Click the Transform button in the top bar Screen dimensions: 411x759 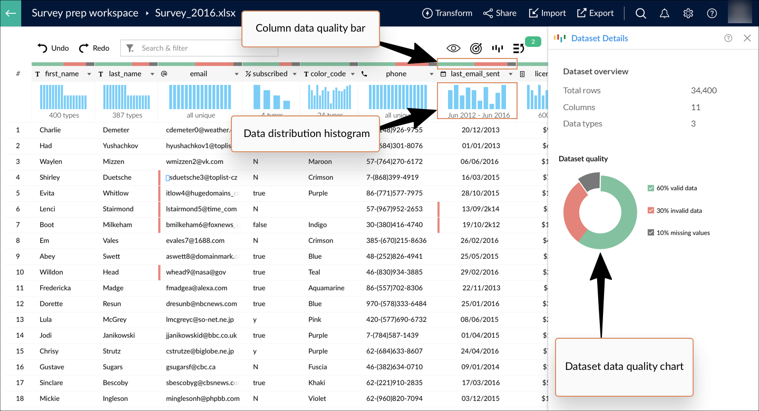point(447,13)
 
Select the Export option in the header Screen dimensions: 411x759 point(595,13)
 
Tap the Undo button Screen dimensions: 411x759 point(53,48)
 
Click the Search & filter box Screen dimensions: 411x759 point(199,48)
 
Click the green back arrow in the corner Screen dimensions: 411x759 point(11,13)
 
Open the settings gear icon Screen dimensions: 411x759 point(688,13)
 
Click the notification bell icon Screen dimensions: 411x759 point(664,13)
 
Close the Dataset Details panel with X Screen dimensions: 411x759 point(747,38)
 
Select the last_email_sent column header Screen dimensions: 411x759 point(475,74)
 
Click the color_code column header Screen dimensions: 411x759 point(328,74)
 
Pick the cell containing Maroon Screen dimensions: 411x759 point(320,161)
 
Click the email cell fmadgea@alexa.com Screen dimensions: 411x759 point(197,288)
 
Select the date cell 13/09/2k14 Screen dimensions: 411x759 point(480,209)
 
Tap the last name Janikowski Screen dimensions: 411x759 point(119,335)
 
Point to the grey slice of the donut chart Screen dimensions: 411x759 point(590,181)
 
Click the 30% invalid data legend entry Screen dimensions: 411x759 point(678,210)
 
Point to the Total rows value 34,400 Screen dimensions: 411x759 point(704,90)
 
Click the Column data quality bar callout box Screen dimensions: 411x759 point(310,28)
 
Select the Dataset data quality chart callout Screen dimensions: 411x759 point(624,367)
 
